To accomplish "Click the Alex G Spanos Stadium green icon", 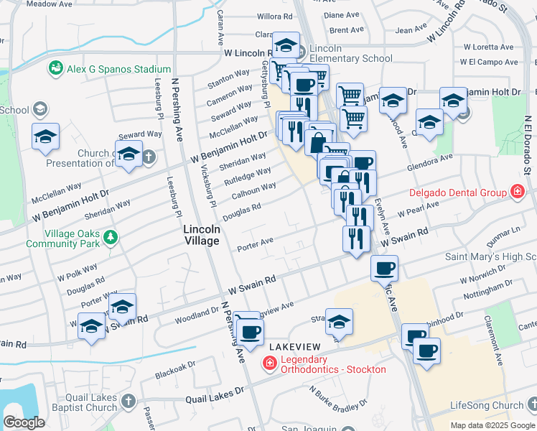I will click(55, 68).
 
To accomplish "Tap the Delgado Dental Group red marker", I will click(516, 192).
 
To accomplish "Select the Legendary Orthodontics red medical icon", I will click(270, 364).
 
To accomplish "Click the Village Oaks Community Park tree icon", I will click(110, 236).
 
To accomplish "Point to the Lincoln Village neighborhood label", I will click(201, 235).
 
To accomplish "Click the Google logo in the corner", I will click(24, 422).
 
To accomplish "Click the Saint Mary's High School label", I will click(491, 256).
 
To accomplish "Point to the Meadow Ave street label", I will click(50, 4).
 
